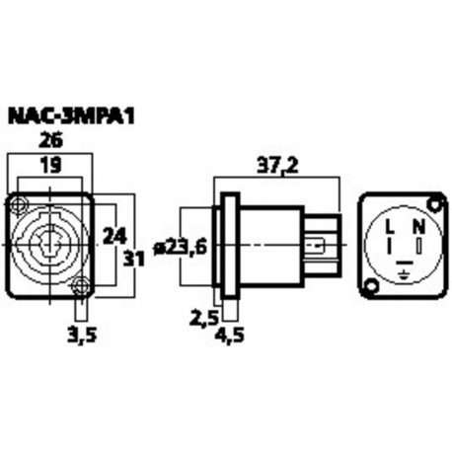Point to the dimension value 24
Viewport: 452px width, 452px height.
(114, 236)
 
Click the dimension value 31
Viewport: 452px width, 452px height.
(134, 259)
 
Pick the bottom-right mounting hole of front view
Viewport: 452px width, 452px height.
(82, 287)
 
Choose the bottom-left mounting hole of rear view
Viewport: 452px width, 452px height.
(370, 287)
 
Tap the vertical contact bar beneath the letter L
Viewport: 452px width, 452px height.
(389, 245)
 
